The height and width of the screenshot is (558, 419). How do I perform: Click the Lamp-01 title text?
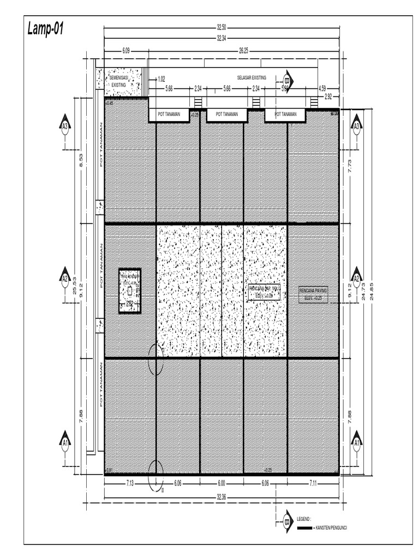click(46, 29)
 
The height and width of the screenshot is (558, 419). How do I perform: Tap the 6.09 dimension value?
click(126, 50)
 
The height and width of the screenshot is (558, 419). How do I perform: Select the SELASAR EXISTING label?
click(252, 78)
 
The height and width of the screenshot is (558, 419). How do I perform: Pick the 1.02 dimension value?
click(161, 79)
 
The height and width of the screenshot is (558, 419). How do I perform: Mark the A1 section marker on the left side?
click(65, 441)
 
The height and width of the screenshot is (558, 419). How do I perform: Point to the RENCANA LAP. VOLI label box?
click(265, 292)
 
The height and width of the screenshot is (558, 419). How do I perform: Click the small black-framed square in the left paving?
click(130, 290)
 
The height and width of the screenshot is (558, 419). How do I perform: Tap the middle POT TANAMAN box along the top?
click(227, 114)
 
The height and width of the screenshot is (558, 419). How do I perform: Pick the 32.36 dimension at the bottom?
click(222, 496)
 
